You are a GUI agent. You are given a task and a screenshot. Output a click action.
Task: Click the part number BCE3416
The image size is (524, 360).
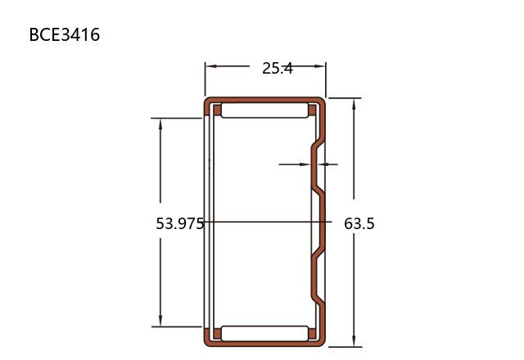(65, 34)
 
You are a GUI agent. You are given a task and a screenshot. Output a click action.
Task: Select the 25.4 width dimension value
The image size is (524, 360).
(278, 69)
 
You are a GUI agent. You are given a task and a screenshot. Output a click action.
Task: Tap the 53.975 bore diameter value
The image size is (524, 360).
(180, 223)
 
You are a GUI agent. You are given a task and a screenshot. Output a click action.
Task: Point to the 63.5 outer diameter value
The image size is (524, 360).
(359, 223)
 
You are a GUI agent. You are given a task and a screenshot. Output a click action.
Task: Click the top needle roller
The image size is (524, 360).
(264, 110)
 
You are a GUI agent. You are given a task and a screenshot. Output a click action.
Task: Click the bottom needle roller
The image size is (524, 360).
(264, 333)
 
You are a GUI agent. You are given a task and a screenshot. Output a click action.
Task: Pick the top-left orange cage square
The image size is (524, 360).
(217, 110)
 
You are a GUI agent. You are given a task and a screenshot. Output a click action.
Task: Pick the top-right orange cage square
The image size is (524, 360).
(312, 110)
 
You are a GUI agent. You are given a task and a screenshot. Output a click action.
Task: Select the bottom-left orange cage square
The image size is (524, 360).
(217, 334)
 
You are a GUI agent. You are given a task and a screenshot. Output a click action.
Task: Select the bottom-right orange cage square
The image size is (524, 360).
(312, 334)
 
